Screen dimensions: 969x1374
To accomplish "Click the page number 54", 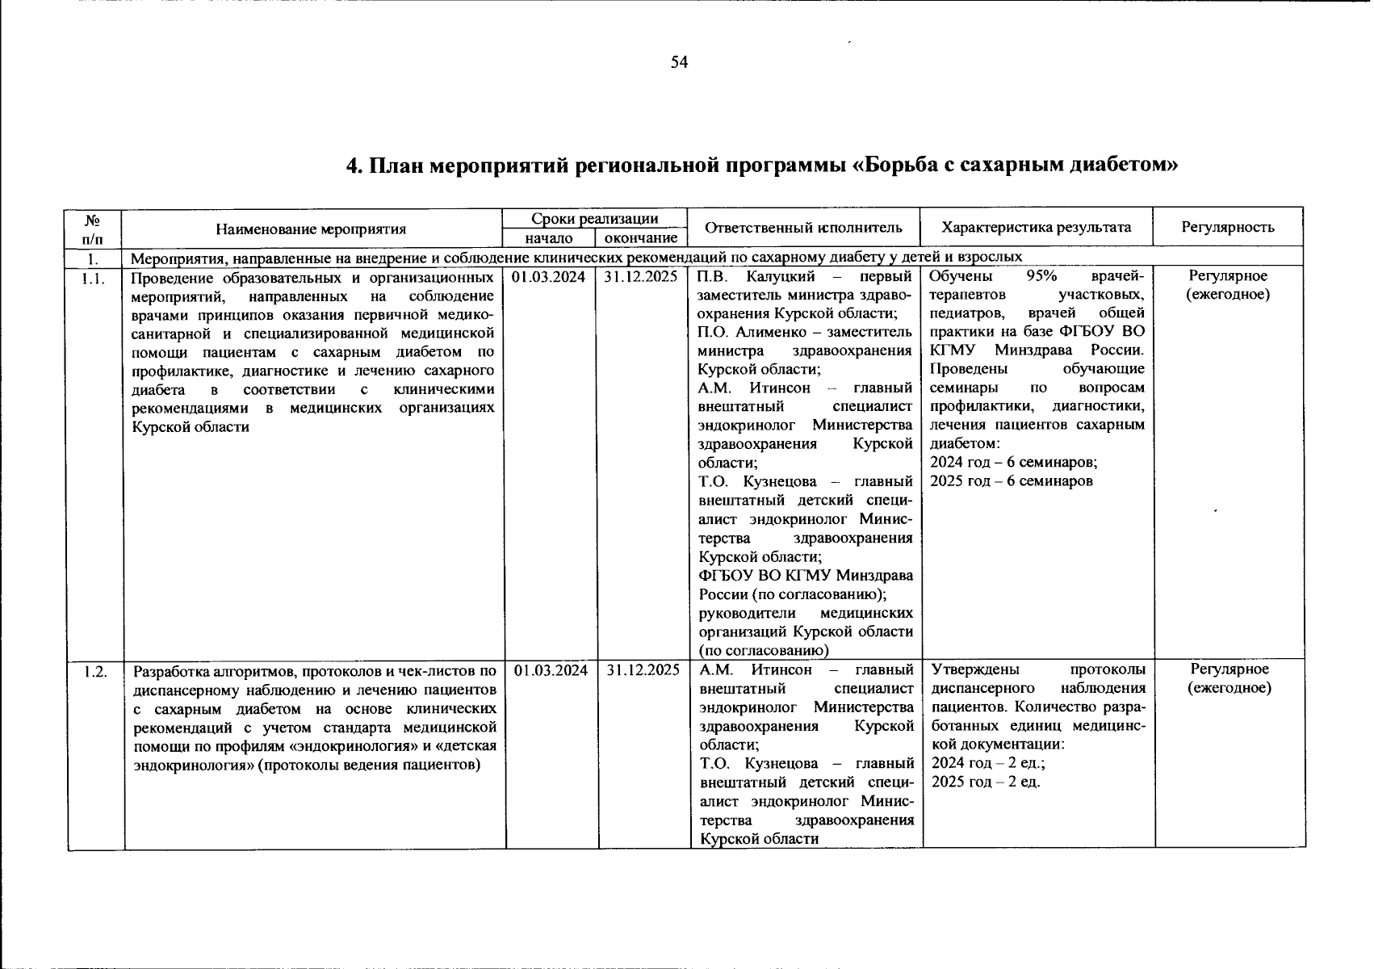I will pos(679,63).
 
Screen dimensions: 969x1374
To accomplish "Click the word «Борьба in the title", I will pos(897,166).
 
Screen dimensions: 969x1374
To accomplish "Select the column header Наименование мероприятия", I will pos(311,229).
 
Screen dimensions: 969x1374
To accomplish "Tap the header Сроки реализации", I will pos(594,219).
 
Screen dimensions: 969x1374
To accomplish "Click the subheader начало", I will pos(549,238).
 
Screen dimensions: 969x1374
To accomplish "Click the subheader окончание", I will pos(641,238).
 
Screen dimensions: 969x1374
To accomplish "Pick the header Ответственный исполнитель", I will pos(803,228).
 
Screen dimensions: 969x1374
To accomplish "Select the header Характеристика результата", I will pos(1036,228).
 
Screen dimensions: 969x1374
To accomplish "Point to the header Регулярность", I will pos(1228,228).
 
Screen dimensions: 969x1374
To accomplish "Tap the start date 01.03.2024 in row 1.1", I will pos(549,276).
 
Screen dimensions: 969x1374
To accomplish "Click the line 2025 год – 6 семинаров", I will pos(1012,481).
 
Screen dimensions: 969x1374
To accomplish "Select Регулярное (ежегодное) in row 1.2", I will pos(1229,678).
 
